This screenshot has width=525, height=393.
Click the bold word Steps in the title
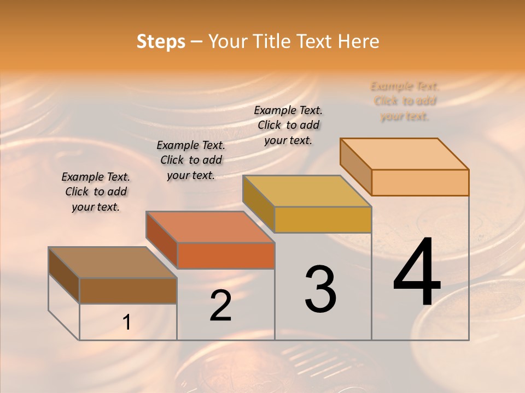(x=161, y=41)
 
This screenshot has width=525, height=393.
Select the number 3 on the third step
(x=320, y=289)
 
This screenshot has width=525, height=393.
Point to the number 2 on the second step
(x=220, y=306)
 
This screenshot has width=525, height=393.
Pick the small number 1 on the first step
(x=127, y=323)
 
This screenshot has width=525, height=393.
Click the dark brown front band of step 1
(x=128, y=291)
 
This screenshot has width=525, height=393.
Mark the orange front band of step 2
(x=226, y=255)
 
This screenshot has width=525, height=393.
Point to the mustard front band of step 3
(x=323, y=219)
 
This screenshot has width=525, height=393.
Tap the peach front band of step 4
(x=420, y=182)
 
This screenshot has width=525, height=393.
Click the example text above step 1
(x=96, y=192)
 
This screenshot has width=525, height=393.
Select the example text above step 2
(x=191, y=160)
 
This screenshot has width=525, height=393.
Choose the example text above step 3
(x=288, y=125)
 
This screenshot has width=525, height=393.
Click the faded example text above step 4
(x=405, y=101)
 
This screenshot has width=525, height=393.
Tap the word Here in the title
(x=358, y=41)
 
